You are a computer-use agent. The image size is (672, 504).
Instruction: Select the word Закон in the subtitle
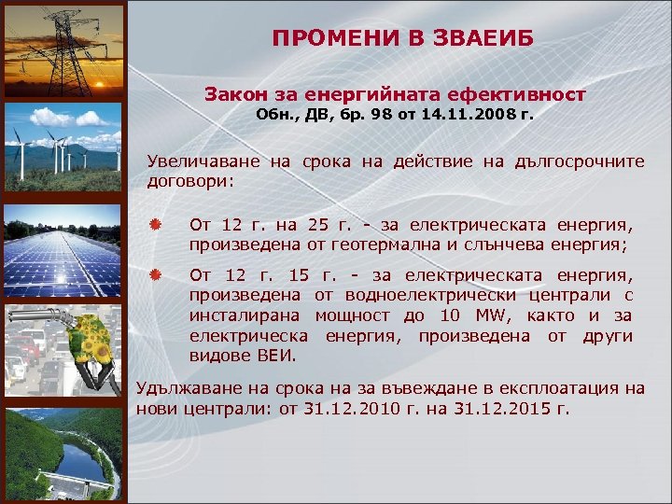pyautogui.click(x=233, y=94)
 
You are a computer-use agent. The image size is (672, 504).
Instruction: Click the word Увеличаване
pyautogui.click(x=203, y=161)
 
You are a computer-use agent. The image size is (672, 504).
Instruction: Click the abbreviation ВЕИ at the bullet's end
pyautogui.click(x=275, y=356)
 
